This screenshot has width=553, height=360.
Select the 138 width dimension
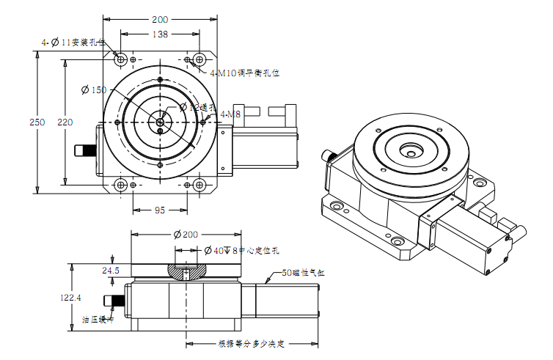[x=160, y=34]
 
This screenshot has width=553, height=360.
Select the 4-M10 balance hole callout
[x=245, y=73]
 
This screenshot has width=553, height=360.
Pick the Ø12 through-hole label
[x=196, y=107]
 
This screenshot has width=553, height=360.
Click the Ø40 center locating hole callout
[x=241, y=250]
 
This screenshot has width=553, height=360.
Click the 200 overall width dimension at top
[x=160, y=19]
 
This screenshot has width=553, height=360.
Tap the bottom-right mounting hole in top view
[x=197, y=185]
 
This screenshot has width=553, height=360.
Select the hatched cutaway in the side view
[x=186, y=271]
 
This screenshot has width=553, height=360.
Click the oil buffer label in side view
[x=98, y=320]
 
